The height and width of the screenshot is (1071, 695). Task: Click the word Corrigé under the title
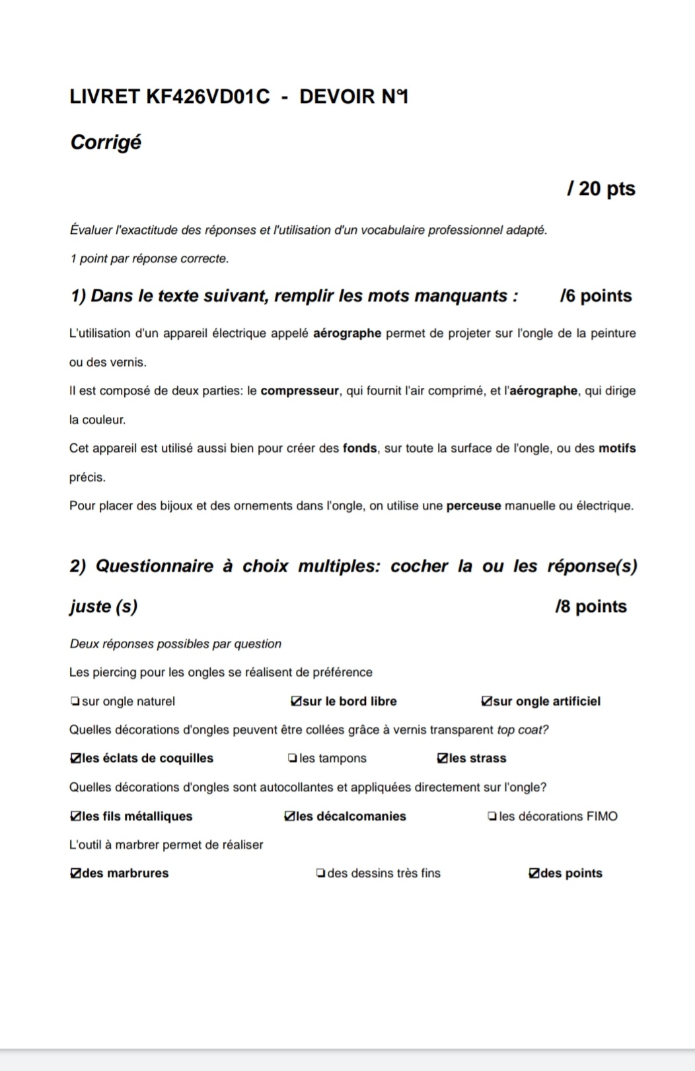[x=106, y=143]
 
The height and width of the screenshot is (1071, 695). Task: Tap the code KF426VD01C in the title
[x=207, y=97]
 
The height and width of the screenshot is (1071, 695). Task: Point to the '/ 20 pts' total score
[x=601, y=189]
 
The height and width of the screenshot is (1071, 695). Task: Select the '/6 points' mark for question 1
[x=595, y=296]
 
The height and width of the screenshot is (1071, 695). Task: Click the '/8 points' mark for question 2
[x=591, y=607]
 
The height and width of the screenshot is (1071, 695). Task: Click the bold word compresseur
[x=299, y=391]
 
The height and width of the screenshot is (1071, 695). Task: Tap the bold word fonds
[x=359, y=449]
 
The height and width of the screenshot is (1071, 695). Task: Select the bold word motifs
[x=617, y=449]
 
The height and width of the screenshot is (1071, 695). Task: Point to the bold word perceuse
[x=474, y=506]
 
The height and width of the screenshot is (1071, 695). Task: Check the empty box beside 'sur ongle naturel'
[x=75, y=702]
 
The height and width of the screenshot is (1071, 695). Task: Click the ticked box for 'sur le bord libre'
[x=296, y=702]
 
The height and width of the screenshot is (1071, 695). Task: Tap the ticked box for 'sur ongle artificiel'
[x=487, y=702]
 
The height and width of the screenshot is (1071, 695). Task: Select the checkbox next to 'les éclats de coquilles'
[x=75, y=758]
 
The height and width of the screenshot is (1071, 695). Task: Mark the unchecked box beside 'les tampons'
[x=293, y=758]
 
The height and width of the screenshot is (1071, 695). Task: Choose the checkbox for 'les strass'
[x=443, y=758]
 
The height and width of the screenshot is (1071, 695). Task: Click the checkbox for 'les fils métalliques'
[x=75, y=817]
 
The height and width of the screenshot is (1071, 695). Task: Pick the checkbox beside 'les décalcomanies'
[x=289, y=817]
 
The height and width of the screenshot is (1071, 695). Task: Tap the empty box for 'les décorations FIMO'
[x=492, y=817]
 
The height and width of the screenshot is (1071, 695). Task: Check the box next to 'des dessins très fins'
[x=320, y=873]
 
